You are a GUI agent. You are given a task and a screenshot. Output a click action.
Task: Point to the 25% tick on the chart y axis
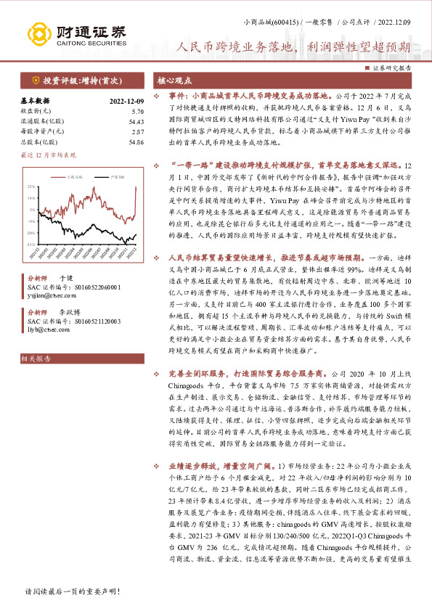click(x=30, y=186)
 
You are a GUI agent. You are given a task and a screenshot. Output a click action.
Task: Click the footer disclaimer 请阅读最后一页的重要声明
click(x=72, y=592)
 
